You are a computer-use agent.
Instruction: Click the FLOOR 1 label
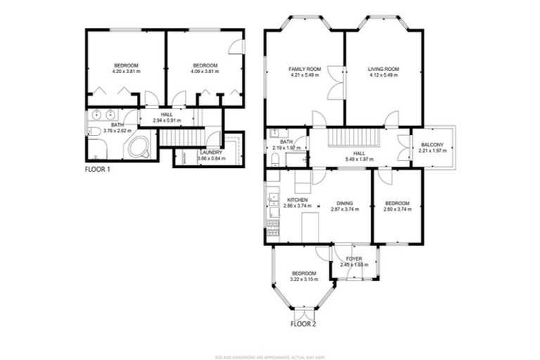coord(98,169)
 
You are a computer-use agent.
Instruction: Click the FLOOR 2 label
coord(304,324)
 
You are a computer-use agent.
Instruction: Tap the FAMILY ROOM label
coord(304,68)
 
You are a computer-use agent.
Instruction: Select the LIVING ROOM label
coord(383,68)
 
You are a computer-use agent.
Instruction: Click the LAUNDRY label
coord(211,152)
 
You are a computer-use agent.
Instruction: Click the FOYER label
coord(354,259)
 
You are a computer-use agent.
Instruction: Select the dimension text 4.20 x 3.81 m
coord(126,71)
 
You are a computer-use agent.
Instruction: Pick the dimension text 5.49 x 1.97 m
coord(359,159)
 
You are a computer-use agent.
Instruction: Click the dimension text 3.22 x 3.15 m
coord(304,278)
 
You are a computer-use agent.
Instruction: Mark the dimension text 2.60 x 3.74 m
coord(397,208)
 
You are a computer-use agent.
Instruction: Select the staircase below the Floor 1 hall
coord(180,136)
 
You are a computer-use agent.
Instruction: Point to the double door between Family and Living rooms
coord(335,82)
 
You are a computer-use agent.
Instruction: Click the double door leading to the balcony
coord(404,148)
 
